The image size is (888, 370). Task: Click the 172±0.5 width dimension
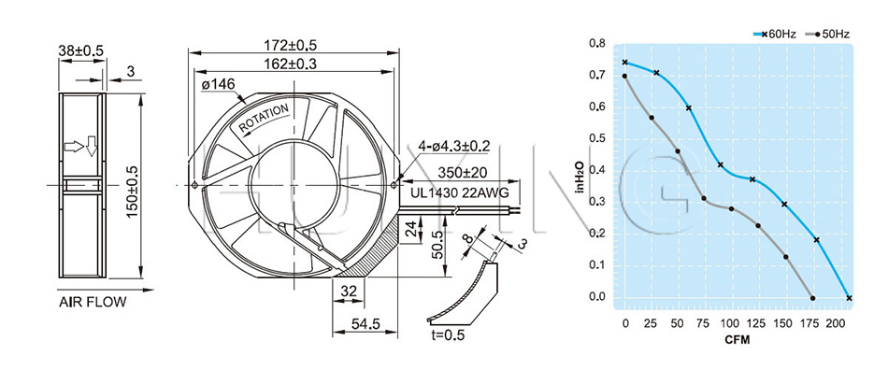(x=290, y=44)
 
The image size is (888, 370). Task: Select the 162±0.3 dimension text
(x=290, y=64)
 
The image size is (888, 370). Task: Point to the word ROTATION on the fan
(x=264, y=119)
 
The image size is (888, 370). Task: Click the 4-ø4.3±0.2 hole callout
(x=453, y=146)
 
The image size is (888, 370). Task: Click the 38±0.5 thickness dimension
(x=81, y=50)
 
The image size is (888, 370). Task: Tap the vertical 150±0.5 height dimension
(x=132, y=186)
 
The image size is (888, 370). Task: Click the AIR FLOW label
(x=93, y=302)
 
